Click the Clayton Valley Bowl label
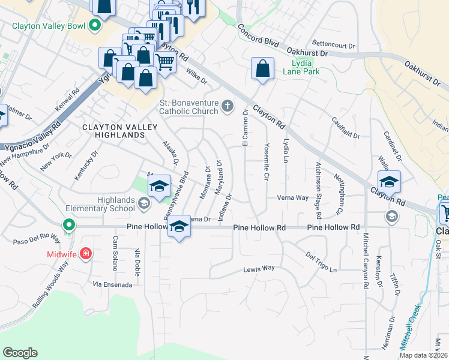tap(49, 26)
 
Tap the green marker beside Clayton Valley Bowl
tap(94, 26)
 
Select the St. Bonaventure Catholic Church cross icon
tap(227, 107)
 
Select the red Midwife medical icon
tap(86, 254)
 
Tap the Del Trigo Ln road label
tap(321, 262)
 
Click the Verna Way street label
tap(292, 197)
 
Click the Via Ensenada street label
tap(112, 284)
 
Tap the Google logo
tap(20, 353)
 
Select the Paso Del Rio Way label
tap(37, 240)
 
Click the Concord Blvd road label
tap(259, 35)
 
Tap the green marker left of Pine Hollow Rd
tap(69, 226)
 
